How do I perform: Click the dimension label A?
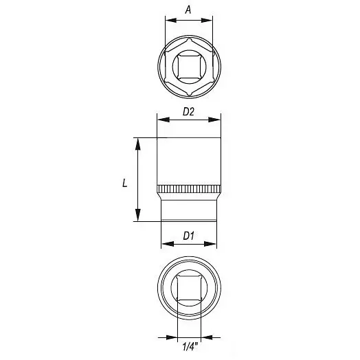[188, 10]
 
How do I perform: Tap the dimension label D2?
[188, 112]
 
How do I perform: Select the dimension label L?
[124, 183]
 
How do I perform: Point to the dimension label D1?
[188, 236]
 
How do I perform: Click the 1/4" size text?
[190, 346]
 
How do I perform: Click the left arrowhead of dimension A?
[171, 20]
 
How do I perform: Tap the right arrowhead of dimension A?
[207, 20]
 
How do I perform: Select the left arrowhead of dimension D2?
[164, 120]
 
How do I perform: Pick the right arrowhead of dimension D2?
[214, 120]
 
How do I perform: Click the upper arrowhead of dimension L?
[138, 144]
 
